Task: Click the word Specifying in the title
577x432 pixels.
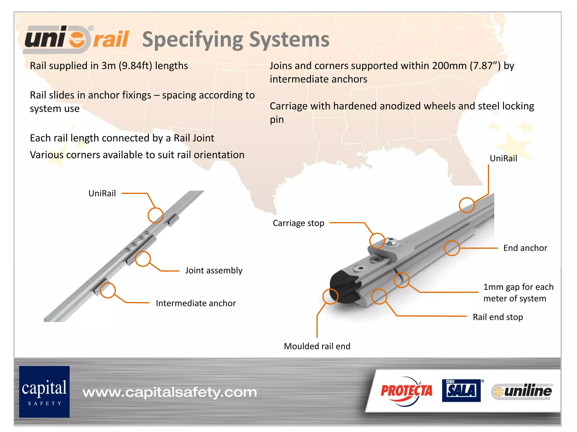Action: click(x=192, y=40)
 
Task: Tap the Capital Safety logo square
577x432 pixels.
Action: click(x=44, y=391)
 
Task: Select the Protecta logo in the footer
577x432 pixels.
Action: click(x=406, y=391)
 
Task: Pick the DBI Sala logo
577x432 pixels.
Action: click(x=461, y=390)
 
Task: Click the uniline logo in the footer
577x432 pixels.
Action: click(x=522, y=391)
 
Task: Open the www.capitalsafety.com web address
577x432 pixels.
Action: click(x=170, y=392)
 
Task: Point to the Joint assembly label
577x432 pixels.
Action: click(x=214, y=271)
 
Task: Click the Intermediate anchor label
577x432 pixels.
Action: click(x=196, y=303)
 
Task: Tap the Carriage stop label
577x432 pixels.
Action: click(x=298, y=223)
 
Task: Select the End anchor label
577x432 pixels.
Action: click(x=525, y=248)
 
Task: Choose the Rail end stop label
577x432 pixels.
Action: click(x=498, y=317)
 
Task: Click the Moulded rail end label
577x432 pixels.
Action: click(x=317, y=346)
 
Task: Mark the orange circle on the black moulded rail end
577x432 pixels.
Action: click(x=330, y=296)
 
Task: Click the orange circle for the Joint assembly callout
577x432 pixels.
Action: click(x=143, y=259)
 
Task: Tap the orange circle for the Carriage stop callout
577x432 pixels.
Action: click(x=377, y=241)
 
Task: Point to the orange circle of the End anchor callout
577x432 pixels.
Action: click(x=452, y=248)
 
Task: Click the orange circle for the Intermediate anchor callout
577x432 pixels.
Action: click(x=108, y=290)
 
